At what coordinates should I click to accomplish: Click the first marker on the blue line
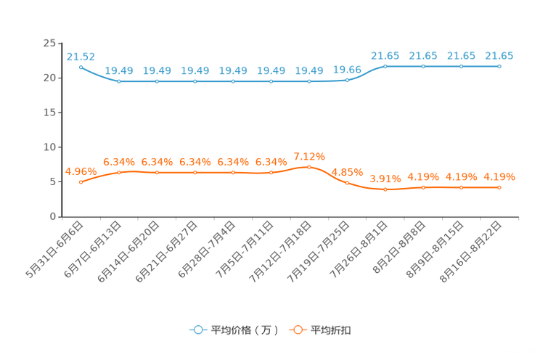[x=81, y=66]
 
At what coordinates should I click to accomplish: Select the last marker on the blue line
[x=499, y=66]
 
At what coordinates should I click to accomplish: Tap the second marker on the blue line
[x=119, y=81]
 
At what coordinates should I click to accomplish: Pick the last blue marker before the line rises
[x=347, y=80]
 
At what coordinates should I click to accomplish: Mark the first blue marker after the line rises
[x=385, y=66]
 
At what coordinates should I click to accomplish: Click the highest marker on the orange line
[x=309, y=166]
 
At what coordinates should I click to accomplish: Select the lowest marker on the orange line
[x=385, y=189]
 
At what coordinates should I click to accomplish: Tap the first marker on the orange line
[x=81, y=182]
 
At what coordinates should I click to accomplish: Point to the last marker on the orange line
[x=499, y=188]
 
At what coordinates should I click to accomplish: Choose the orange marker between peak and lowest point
[x=347, y=183]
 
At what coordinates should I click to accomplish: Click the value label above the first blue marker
[x=81, y=55]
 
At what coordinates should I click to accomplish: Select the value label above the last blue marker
[x=499, y=55]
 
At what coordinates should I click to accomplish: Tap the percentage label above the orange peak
[x=309, y=155]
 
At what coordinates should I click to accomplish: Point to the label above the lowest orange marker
[x=385, y=179]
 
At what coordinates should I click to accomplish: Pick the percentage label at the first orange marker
[x=81, y=171]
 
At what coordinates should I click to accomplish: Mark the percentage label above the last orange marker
[x=499, y=176]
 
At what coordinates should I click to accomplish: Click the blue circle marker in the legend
[x=197, y=330]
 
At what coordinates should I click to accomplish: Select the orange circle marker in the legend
[x=297, y=330]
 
